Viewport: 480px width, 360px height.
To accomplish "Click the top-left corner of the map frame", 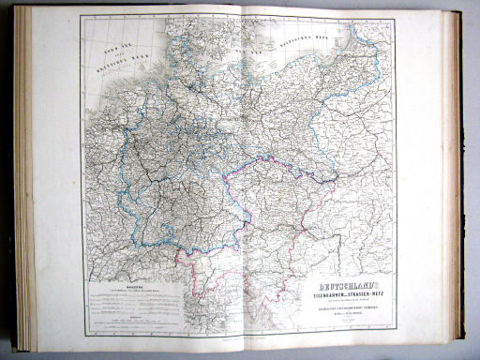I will point(80,20).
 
